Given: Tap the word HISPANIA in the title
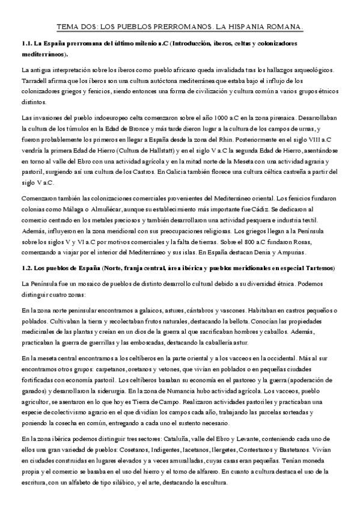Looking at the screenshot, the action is [259, 26].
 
